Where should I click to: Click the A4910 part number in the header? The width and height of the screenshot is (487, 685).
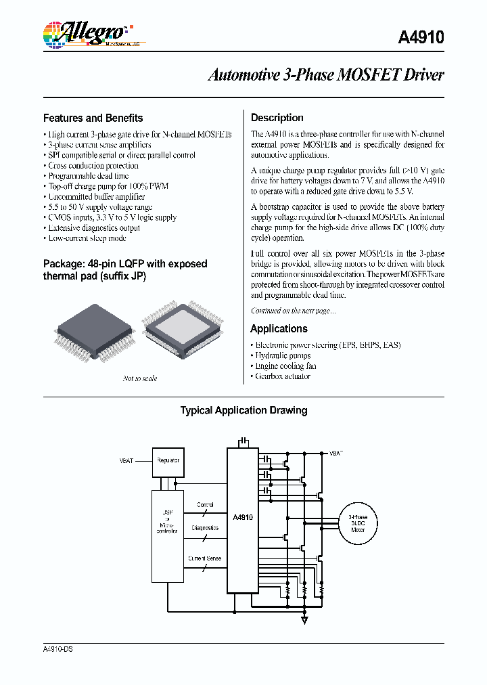tap(421, 39)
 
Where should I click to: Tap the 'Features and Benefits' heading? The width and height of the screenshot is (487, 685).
tap(93, 118)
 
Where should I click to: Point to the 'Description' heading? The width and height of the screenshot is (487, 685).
tap(277, 118)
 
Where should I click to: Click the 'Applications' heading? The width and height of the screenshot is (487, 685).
tap(279, 329)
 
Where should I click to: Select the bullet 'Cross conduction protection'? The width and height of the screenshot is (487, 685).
tap(93, 166)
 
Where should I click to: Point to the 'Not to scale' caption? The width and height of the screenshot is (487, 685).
tap(140, 378)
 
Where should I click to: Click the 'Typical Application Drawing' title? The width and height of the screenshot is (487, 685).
tap(243, 410)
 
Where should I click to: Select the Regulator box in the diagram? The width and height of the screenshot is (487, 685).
tap(168, 460)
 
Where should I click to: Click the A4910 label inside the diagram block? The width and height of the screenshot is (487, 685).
tap(242, 517)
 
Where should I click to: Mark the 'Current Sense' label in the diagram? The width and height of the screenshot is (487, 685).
tap(205, 558)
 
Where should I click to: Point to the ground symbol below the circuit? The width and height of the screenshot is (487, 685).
tap(304, 619)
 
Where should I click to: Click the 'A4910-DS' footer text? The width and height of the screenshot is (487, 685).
tap(57, 649)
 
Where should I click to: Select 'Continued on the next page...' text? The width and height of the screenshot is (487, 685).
tap(293, 311)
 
